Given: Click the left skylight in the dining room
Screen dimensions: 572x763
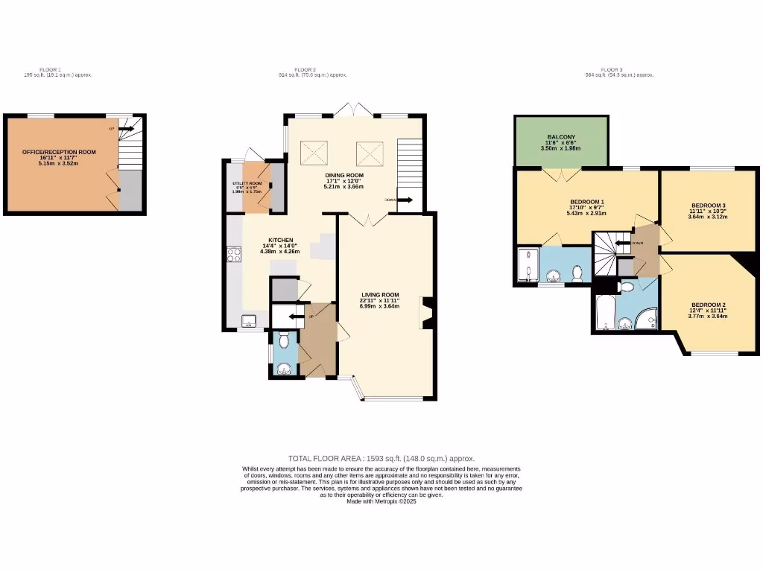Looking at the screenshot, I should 314,153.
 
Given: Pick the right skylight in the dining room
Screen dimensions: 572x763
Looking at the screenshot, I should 367,153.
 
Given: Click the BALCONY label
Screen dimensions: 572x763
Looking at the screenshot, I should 560,138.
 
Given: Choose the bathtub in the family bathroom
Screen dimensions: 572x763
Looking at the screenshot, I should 604,314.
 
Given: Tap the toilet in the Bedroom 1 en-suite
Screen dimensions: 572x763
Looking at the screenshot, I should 577,275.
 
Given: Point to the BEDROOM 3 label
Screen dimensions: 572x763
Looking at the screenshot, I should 708,205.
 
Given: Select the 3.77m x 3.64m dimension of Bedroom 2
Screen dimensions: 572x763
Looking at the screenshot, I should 708,317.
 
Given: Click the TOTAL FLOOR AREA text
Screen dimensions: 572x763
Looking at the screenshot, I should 381,458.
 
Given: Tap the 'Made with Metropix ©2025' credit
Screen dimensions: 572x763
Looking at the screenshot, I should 381,501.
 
